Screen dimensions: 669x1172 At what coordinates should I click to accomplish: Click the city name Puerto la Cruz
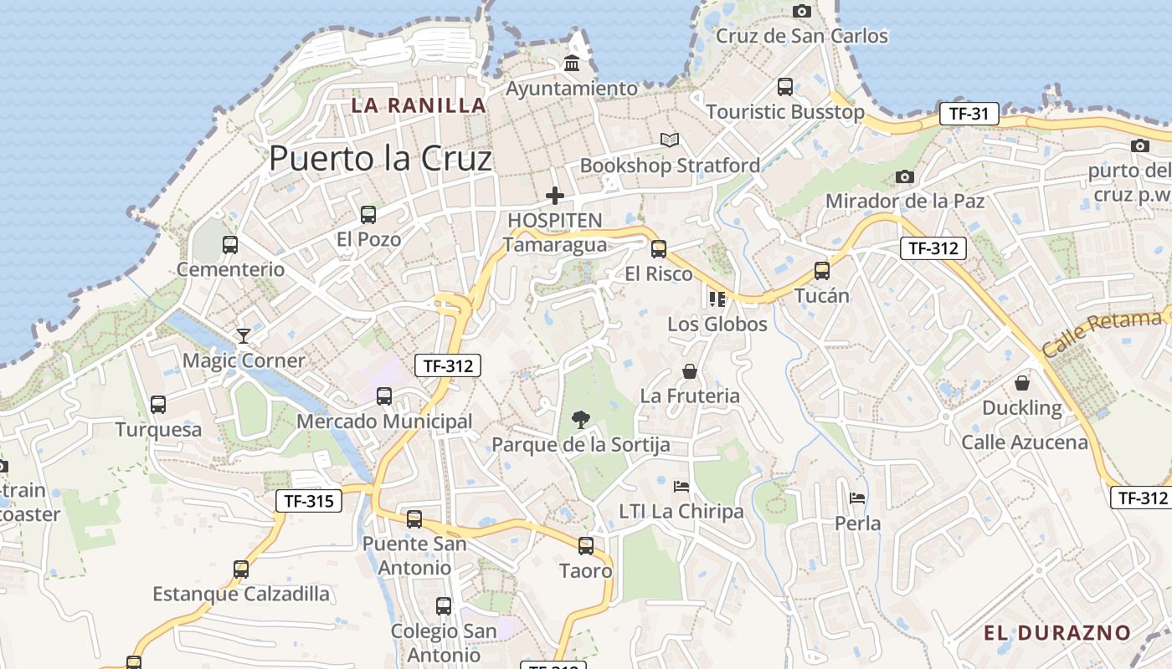pos(380,157)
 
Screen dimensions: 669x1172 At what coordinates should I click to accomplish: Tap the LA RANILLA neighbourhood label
pos(419,105)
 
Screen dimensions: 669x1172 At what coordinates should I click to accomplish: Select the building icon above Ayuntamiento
pos(573,63)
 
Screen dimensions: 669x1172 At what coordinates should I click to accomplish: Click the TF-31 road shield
pos(969,114)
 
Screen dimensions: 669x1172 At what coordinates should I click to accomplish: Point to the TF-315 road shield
pos(309,501)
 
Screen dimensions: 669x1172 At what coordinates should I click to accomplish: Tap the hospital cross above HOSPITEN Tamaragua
pos(554,196)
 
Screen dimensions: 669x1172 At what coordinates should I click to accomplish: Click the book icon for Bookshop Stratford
pos(669,140)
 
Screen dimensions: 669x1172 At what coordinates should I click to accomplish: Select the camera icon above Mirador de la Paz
pos(904,176)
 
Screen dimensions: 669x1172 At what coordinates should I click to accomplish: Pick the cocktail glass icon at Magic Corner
pos(244,335)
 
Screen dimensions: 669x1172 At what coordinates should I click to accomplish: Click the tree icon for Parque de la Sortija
pos(579,419)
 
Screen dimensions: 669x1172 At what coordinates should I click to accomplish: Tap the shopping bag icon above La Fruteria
pos(690,370)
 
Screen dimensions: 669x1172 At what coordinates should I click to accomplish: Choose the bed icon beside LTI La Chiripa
pos(681,486)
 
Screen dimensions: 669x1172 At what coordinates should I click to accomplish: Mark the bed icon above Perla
pos(857,498)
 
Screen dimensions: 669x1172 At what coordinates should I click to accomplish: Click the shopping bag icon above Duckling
pos(1021,383)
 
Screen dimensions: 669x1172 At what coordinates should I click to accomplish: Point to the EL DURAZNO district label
pos(1057,632)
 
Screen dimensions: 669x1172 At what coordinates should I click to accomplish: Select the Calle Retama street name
pos(1103,333)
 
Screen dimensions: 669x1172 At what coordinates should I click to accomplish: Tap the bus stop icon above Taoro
pos(586,546)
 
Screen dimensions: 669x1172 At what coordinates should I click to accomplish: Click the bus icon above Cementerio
pos(230,245)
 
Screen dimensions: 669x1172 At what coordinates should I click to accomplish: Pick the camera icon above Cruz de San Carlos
pos(802,11)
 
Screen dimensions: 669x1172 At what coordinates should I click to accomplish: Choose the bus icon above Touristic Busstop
pos(785,86)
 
